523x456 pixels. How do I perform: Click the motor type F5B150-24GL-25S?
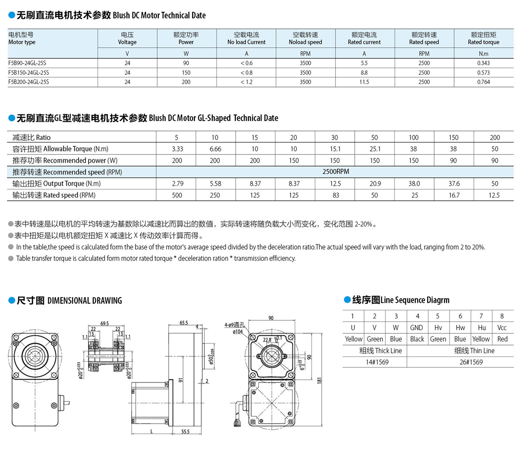(x=28, y=73)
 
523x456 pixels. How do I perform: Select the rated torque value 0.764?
(x=483, y=82)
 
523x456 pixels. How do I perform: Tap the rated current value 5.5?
(x=364, y=63)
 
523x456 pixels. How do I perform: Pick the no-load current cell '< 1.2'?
(x=246, y=82)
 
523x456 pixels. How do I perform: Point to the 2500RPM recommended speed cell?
(x=336, y=171)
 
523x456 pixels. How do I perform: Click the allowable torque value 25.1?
(x=375, y=149)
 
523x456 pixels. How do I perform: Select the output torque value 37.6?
(x=454, y=184)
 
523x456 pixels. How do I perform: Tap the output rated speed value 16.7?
(x=454, y=195)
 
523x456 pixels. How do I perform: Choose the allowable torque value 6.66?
(x=215, y=149)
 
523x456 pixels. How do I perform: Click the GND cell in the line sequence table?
(x=417, y=328)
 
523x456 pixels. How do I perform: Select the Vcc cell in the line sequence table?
(x=502, y=328)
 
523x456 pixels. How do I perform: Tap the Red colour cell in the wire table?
(x=502, y=339)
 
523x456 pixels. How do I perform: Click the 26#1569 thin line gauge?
(x=471, y=362)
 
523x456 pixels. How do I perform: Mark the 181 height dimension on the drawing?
(x=319, y=381)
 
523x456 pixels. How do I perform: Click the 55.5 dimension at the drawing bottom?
(x=185, y=432)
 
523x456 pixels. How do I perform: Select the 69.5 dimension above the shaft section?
(x=105, y=324)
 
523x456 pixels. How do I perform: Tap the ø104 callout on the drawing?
(x=238, y=332)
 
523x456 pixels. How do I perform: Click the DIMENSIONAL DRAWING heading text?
(x=85, y=301)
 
